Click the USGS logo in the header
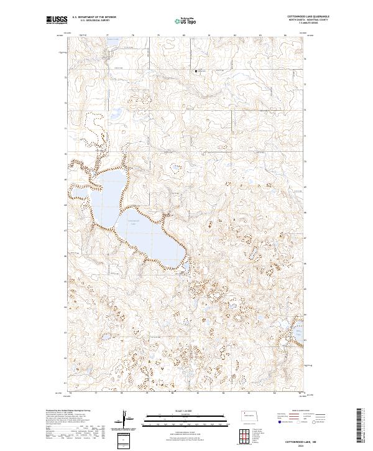click(57, 21)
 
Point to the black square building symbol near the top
click(197, 72)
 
